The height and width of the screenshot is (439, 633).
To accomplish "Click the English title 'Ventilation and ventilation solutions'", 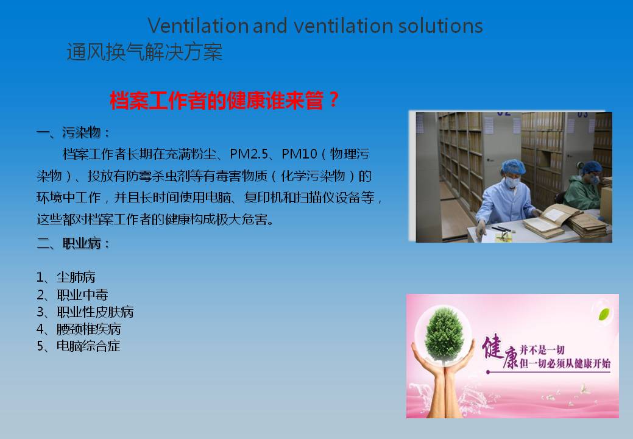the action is [x=316, y=26].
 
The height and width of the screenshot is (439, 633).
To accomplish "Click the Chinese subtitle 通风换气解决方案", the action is [x=144, y=52].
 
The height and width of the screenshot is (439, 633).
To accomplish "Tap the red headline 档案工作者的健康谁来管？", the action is [x=224, y=100].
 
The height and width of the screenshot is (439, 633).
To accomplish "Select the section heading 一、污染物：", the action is [x=73, y=132].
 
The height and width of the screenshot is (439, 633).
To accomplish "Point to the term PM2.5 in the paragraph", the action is [x=249, y=154].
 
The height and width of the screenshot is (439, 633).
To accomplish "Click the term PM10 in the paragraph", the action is [x=300, y=154].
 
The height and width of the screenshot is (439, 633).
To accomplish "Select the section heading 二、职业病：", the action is [x=73, y=243].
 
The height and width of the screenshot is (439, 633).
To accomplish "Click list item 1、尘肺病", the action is [x=66, y=277].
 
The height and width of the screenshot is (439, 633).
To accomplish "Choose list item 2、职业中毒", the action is [x=72, y=295].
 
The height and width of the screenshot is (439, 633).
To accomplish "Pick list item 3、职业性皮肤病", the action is [x=85, y=312].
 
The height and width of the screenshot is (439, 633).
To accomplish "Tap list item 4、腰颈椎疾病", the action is [x=79, y=329].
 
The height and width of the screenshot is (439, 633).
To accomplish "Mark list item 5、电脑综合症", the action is [x=79, y=346].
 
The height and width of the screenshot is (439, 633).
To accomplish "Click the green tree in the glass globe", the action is [x=444, y=334].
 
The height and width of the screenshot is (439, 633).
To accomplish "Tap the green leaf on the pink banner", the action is [x=604, y=314].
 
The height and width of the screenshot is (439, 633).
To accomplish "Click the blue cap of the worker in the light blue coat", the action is [x=513, y=166].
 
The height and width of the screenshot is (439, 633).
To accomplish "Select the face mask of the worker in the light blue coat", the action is [x=512, y=182].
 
